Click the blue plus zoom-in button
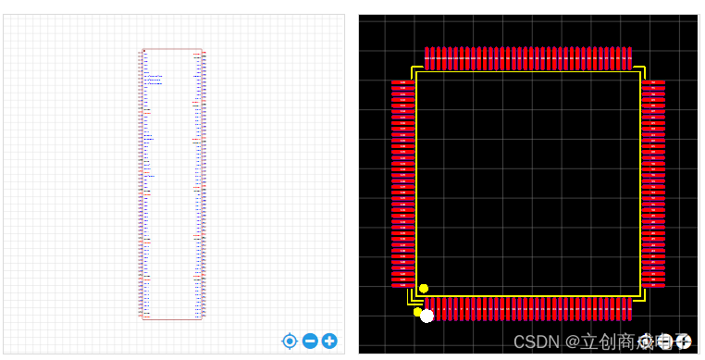coord(329,341)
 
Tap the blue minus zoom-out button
coord(310,341)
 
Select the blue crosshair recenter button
coord(290,341)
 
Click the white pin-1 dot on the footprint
coord(427,317)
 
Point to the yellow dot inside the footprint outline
coord(424,289)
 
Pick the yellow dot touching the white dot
coord(418,311)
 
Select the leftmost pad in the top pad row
coord(427,58)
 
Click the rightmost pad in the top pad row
coord(630,58)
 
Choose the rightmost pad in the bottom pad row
coord(630,308)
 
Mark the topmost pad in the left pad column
coord(402,82)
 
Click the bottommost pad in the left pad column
coord(402,285)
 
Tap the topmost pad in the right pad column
coord(654,82)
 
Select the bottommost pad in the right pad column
coord(654,285)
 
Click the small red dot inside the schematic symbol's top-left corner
coord(144,52)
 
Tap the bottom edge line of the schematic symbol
coord(172,320)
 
